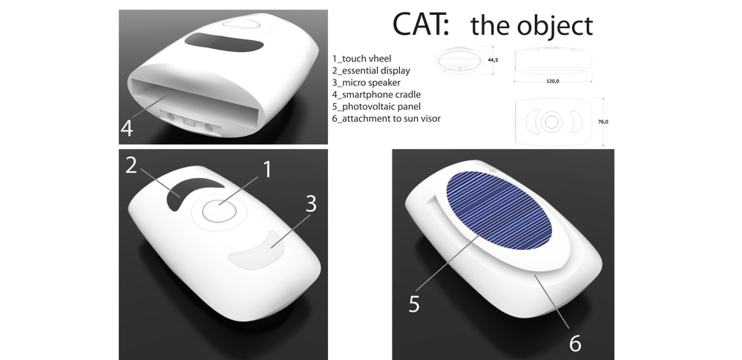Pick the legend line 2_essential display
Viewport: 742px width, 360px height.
click(371, 71)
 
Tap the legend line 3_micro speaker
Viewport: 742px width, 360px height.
click(367, 82)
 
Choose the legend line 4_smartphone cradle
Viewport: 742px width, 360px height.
click(376, 95)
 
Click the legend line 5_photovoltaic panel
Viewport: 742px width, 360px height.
click(376, 107)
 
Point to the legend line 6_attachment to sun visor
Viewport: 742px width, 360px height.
click(386, 119)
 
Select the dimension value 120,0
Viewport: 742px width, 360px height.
click(553, 82)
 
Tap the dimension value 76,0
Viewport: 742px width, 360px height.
click(603, 122)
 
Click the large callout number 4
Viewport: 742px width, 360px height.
click(126, 128)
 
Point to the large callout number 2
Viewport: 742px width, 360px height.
click(131, 165)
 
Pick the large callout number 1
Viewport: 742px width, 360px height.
click(267, 169)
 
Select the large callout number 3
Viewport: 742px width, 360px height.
click(310, 203)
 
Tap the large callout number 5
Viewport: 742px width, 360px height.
click(414, 304)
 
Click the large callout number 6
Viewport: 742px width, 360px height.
click(574, 343)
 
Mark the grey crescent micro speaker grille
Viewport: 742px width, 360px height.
click(258, 251)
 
